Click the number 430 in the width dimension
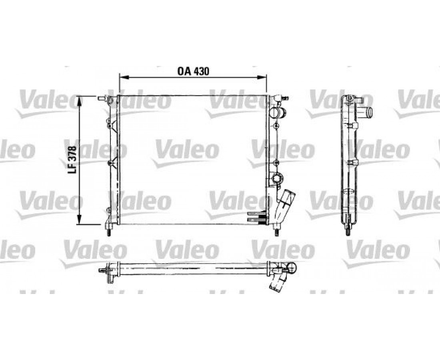201,71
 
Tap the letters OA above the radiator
184,71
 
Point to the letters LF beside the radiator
73,169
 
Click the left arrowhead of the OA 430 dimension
124,77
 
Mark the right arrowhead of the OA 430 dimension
262,77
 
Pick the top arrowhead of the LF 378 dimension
80,100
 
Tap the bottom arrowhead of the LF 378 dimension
80,220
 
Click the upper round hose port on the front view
277,112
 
